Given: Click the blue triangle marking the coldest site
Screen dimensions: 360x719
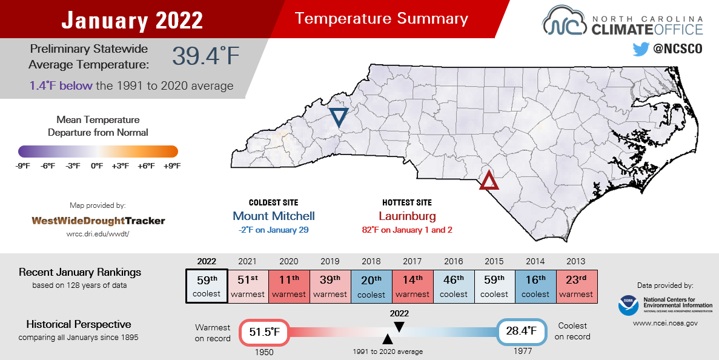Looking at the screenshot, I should pos(339,117).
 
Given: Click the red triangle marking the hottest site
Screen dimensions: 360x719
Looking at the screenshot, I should pos(489,181).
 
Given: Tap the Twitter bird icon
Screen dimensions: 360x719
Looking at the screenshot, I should pos(640,49).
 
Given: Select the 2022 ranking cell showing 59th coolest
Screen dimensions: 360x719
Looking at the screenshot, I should pos(207,285).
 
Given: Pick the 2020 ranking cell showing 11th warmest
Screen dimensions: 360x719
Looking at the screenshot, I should pos(289,285).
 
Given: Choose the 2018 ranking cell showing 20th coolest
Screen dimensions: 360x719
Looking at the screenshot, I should pos(371,285).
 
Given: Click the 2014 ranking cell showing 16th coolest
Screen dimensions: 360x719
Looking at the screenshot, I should pos(535,285).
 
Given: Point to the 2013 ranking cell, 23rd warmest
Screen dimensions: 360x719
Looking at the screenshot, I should pos(576,285).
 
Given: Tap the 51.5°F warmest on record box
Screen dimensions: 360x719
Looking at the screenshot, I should pos(265,332).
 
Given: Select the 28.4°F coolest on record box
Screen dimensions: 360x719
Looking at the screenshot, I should pos(522,331).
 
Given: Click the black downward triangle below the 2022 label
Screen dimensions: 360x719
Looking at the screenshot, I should pos(399,327).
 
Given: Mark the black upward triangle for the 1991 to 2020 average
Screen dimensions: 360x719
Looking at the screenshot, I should pos(387,339).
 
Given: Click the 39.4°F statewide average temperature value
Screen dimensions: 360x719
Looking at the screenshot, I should pos(206,56).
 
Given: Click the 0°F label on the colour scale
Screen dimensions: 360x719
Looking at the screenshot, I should pos(97,165).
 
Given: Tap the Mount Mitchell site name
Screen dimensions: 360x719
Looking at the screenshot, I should pos(274,216).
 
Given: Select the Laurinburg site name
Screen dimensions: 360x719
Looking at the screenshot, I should pos(407,216).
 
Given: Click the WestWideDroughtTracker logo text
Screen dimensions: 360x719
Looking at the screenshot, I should pos(98,221).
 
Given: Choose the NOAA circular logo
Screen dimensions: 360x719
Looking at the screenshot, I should pos(628,305).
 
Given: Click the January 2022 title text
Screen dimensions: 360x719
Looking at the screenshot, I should pos(132,21).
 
